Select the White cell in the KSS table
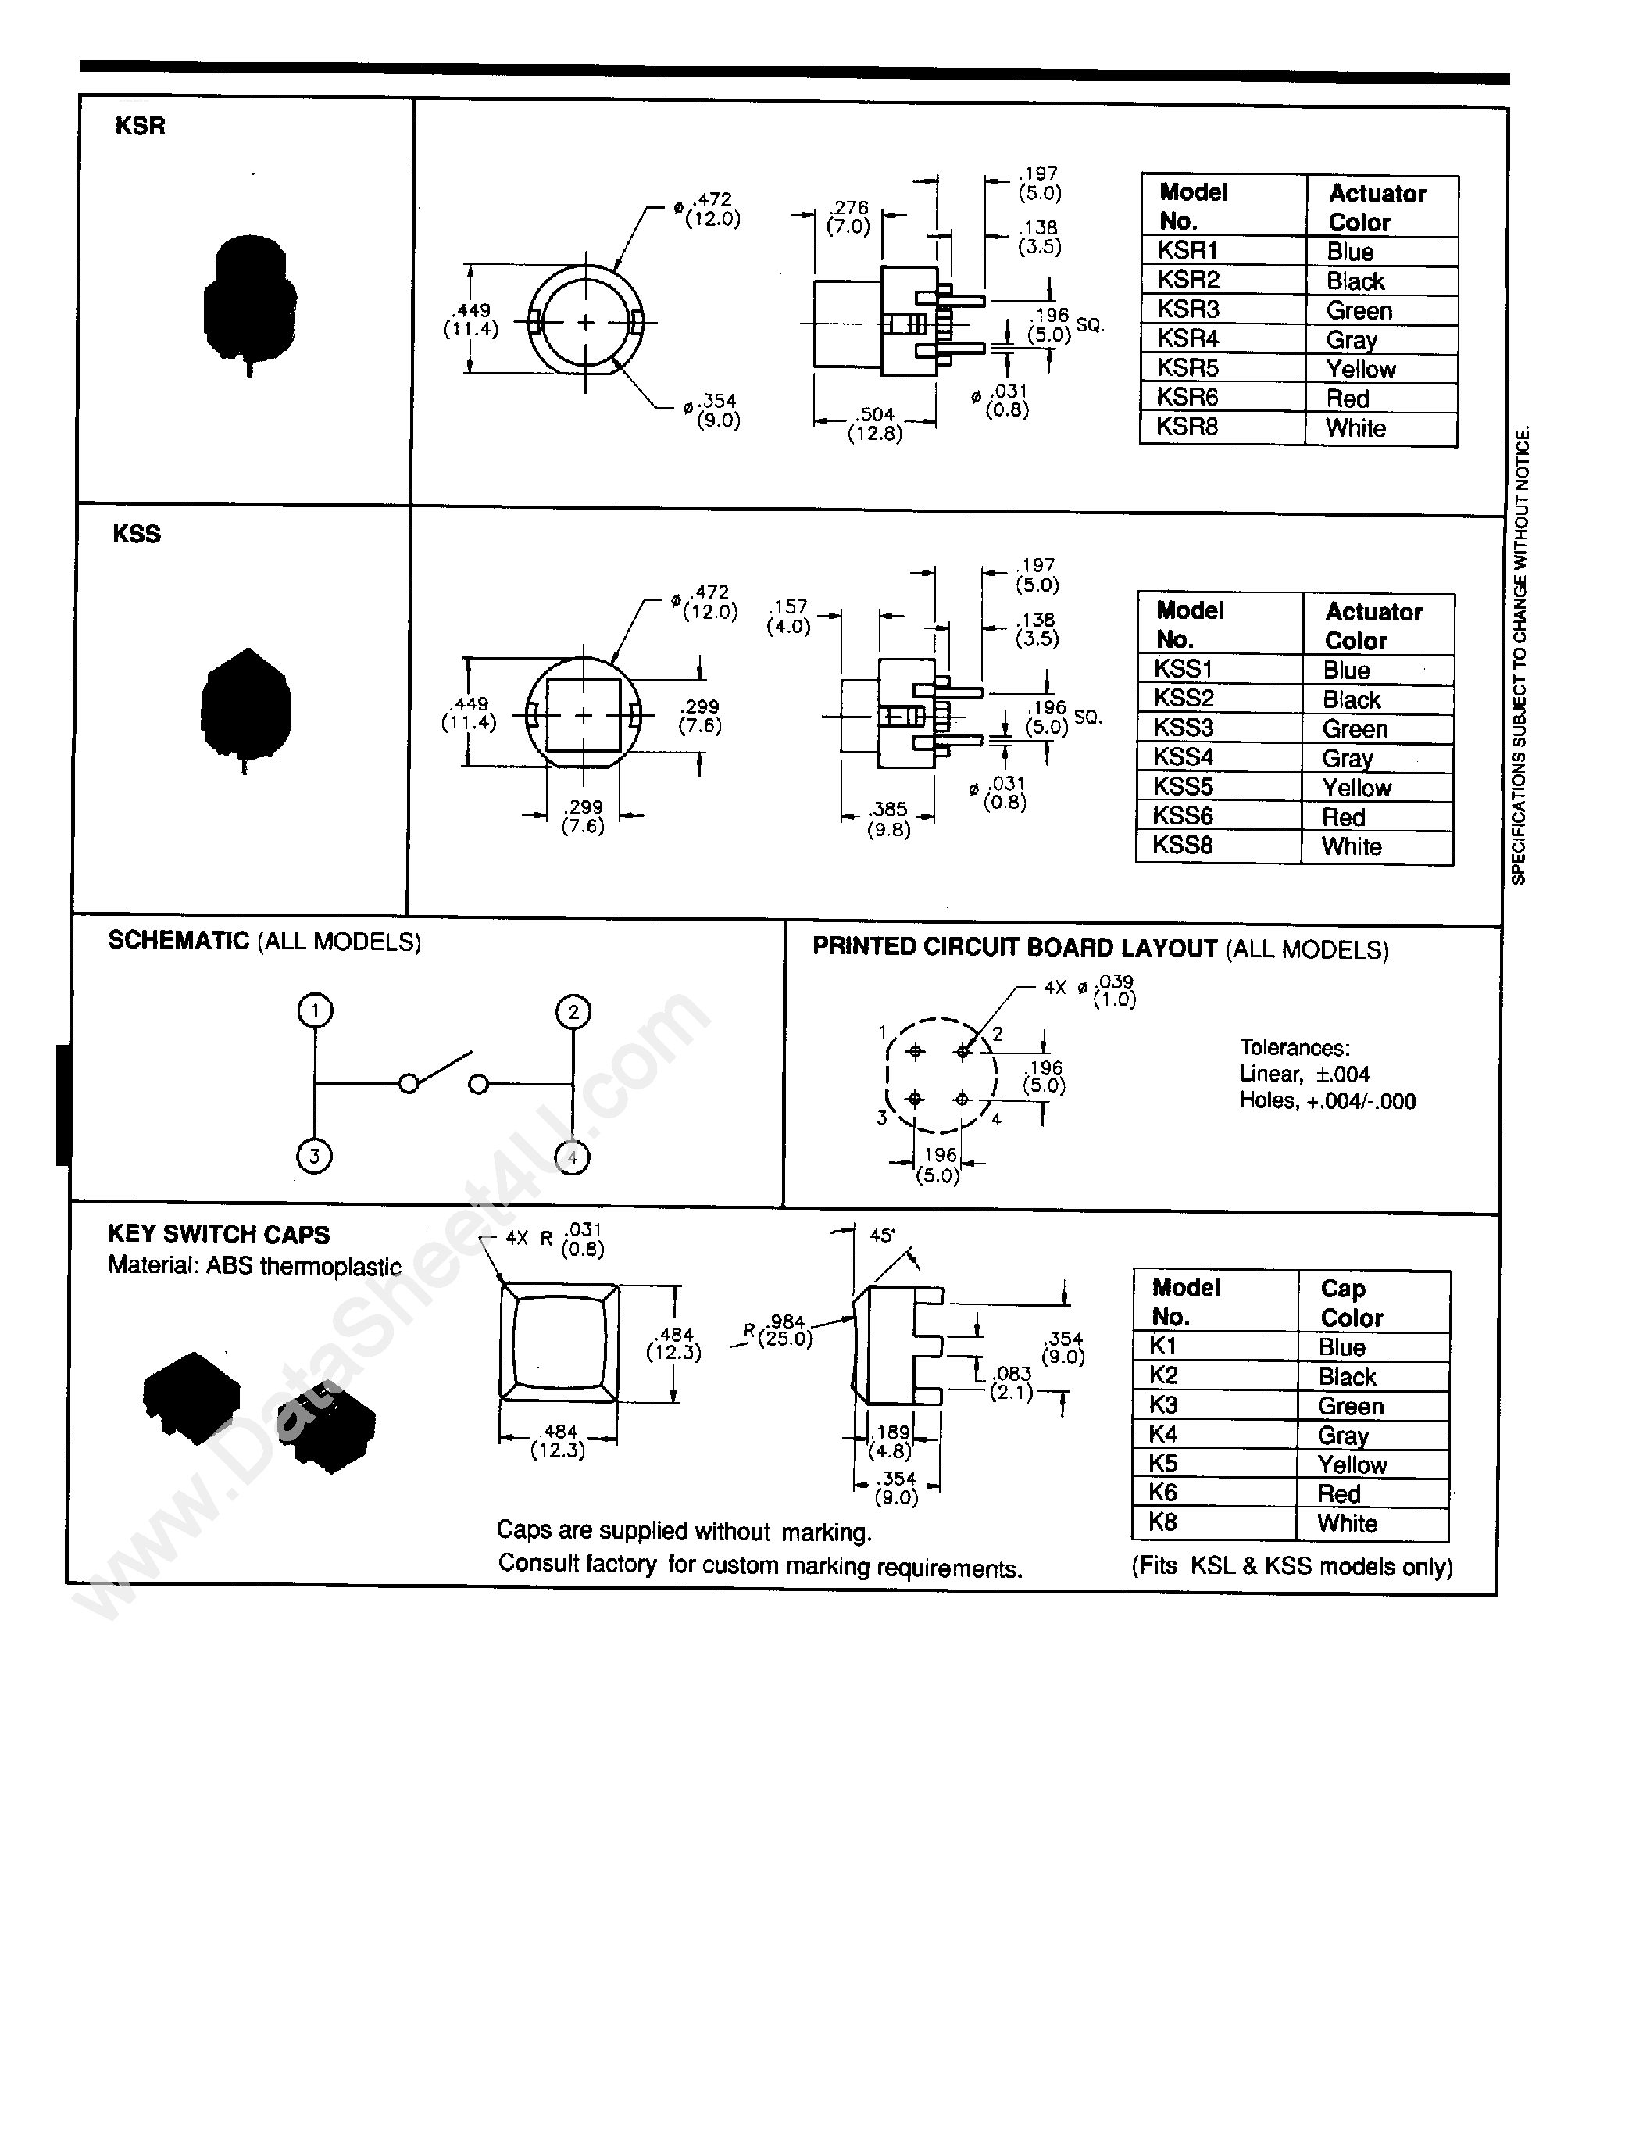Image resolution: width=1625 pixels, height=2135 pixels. [x=1352, y=846]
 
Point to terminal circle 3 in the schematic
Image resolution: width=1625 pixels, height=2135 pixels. [x=314, y=1155]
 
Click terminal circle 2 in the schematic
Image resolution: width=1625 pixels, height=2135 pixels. [x=573, y=1012]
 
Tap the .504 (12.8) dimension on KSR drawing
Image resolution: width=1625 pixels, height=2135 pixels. [x=875, y=424]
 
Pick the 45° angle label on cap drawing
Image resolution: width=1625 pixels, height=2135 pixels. [x=881, y=1236]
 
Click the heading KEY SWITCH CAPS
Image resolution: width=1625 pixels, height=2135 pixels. [x=219, y=1235]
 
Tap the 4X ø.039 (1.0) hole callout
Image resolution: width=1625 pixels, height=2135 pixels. [x=1090, y=991]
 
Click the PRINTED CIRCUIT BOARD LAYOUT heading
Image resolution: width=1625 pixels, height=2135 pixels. [x=1015, y=947]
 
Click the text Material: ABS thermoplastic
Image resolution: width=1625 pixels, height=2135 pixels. [x=255, y=1265]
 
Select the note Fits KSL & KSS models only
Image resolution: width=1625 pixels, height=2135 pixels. [x=1291, y=1566]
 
